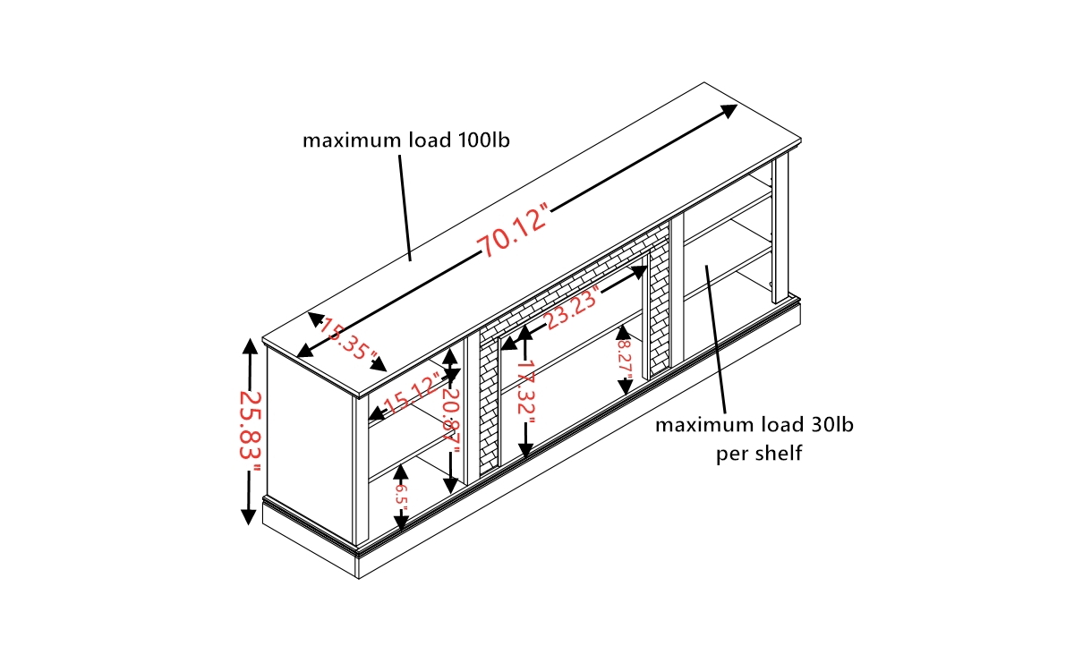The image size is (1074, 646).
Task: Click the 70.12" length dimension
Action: click(513, 230)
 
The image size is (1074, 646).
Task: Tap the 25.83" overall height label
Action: click(250, 431)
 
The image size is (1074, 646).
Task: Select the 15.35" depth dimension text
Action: click(348, 339)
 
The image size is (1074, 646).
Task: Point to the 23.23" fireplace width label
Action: click(573, 308)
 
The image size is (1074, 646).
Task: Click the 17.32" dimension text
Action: click(526, 394)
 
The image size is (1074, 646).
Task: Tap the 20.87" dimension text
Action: click(451, 421)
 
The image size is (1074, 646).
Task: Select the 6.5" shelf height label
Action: click(401, 499)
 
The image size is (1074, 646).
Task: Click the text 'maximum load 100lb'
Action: click(406, 140)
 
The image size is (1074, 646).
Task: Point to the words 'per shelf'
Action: click(759, 454)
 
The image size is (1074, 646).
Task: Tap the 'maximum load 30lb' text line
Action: click(754, 425)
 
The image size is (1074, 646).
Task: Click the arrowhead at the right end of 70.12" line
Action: click(729, 111)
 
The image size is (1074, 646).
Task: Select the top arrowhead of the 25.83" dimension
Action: click(250, 345)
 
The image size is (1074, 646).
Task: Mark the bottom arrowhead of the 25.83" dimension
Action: click(249, 517)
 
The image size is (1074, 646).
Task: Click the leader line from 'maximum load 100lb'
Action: click(405, 208)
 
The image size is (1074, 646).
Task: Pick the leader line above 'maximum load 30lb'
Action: click(715, 339)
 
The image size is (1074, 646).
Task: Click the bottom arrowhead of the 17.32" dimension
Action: click(526, 451)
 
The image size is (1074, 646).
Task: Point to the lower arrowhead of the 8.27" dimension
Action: click(625, 387)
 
